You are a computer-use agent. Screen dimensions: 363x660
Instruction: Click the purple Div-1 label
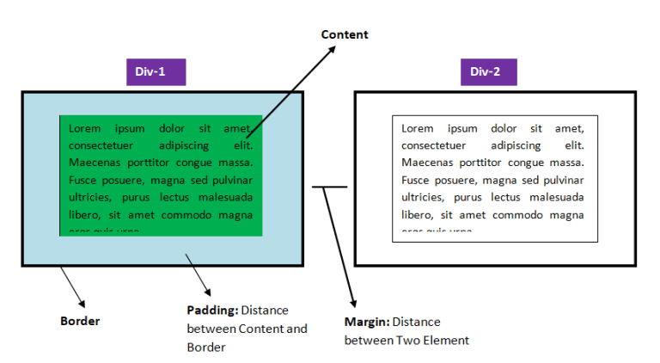[156, 71]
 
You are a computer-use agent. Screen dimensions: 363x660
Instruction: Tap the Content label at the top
[345, 34]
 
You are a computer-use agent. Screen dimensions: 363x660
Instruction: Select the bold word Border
[80, 321]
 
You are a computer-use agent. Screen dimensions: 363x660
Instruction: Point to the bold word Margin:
[367, 322]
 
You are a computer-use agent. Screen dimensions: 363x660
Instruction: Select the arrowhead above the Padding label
[206, 292]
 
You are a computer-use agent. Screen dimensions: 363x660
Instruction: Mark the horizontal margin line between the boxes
[329, 186]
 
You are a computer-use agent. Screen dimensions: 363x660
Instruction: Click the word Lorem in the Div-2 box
[418, 128]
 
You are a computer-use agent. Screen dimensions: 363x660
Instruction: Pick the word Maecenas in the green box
[95, 163]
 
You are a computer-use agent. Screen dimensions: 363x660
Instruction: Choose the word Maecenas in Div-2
[427, 163]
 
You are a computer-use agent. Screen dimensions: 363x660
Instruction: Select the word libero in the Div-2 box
[416, 214]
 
